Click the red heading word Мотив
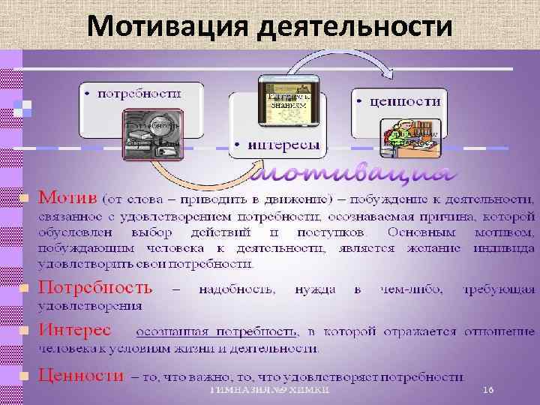point(67,198)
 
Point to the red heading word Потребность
point(95,287)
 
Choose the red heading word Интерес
point(74,330)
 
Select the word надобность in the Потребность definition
point(238,288)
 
